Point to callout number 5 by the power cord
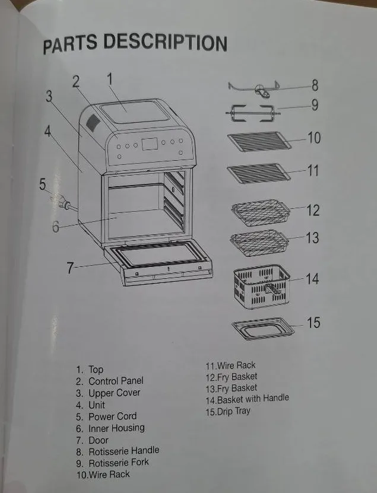[x=43, y=185]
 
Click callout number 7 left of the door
[x=70, y=268]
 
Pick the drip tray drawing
[x=261, y=328]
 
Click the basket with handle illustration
[x=259, y=288]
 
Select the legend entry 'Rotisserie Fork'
[x=118, y=463]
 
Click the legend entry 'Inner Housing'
[x=116, y=428]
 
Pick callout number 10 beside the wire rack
[x=314, y=138]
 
